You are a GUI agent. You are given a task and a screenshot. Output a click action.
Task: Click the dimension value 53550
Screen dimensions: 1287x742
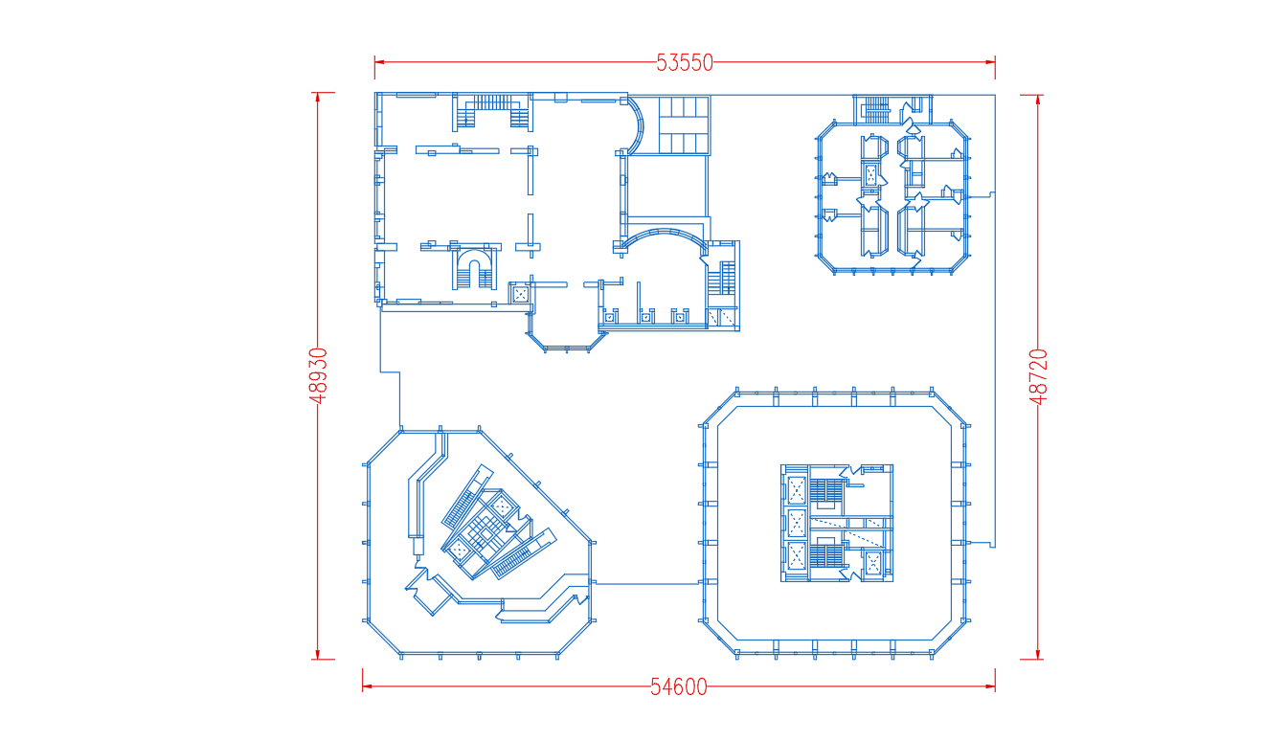pyautogui.click(x=685, y=62)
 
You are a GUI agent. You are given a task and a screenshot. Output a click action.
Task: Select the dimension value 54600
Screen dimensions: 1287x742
pyautogui.click(x=679, y=686)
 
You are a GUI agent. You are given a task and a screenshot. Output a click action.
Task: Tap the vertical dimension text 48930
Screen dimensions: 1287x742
pyautogui.click(x=318, y=375)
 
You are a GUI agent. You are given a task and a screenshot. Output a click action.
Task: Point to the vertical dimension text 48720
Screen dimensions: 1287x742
pyautogui.click(x=1038, y=376)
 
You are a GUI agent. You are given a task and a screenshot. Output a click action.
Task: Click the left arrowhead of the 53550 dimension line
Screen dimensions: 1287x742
pyautogui.click(x=379, y=62)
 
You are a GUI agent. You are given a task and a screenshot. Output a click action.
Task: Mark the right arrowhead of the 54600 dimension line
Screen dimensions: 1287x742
pyautogui.click(x=990, y=686)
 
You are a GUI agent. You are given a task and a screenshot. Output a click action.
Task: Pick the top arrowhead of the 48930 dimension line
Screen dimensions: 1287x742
pyautogui.click(x=318, y=97)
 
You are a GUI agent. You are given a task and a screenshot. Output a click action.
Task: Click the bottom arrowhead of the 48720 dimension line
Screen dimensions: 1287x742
pyautogui.click(x=1038, y=655)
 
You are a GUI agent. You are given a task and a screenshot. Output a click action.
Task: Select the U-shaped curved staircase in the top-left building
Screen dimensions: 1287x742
pyautogui.click(x=475, y=269)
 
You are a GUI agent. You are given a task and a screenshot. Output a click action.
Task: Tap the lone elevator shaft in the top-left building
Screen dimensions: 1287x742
pyautogui.click(x=520, y=294)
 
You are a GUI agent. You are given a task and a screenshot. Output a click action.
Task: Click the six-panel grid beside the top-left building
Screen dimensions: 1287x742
pyautogui.click(x=684, y=124)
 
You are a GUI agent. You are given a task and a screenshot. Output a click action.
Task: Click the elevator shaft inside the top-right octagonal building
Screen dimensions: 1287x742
pyautogui.click(x=871, y=174)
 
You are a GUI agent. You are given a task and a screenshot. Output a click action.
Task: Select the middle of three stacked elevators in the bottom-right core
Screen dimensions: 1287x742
pyautogui.click(x=797, y=523)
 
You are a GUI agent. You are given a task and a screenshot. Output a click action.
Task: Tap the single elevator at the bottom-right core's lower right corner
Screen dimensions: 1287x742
pyautogui.click(x=872, y=563)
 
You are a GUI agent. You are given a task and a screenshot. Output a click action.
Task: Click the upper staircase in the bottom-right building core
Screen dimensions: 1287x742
pyautogui.click(x=826, y=491)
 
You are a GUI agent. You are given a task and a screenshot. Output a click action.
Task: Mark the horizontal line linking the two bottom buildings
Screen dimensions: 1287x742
pyautogui.click(x=647, y=584)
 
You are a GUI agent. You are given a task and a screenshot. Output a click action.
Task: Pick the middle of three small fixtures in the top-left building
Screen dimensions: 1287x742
pyautogui.click(x=645, y=317)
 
